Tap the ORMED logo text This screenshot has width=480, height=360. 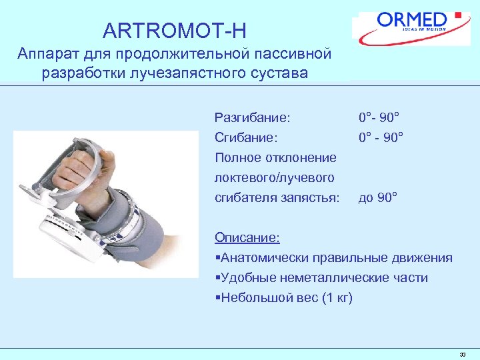[413, 19]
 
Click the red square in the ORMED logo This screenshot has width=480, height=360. [457, 14]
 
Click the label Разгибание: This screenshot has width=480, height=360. [252, 118]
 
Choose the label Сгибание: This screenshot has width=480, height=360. [246, 138]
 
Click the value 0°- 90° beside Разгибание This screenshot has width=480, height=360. [379, 118]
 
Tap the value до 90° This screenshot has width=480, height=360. [378, 198]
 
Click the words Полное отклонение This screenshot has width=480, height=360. [275, 158]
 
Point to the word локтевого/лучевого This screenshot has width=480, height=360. [274, 178]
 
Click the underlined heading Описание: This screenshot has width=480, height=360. [247, 238]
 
